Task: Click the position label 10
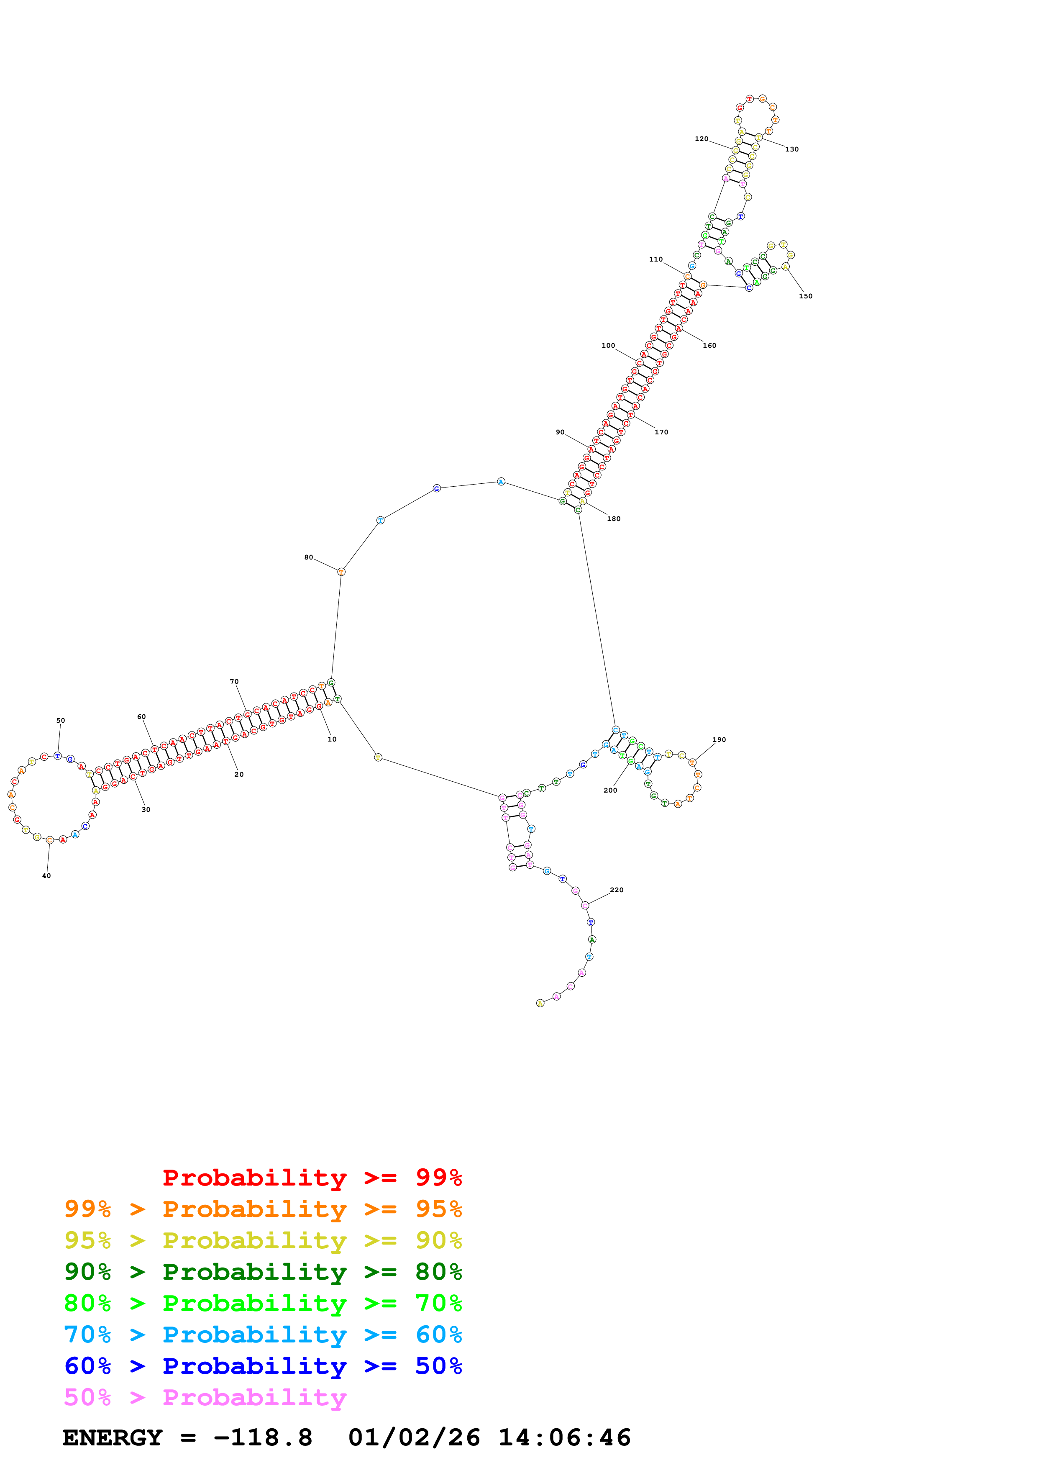click(x=332, y=739)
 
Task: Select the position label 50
click(x=61, y=721)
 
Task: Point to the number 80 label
click(x=309, y=557)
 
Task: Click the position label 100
click(x=608, y=346)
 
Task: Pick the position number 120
click(x=701, y=139)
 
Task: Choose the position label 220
click(x=617, y=890)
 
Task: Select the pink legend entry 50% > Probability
click(x=205, y=1398)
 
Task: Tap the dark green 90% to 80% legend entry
click(x=263, y=1272)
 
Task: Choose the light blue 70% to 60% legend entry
click(x=263, y=1335)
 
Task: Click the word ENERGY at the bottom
click(x=113, y=1438)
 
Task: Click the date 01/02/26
click(x=414, y=1438)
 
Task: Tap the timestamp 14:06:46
click(x=564, y=1438)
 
